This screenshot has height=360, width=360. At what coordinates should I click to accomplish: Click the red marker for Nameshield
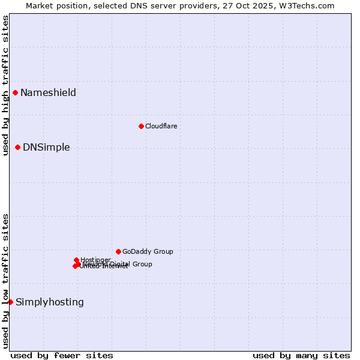pyautogui.click(x=15, y=92)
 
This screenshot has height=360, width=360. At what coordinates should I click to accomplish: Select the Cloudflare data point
pyautogui.click(x=141, y=126)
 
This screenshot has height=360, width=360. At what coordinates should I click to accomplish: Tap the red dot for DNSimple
pyautogui.click(x=17, y=147)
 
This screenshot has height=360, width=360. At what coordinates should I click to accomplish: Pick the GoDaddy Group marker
pyautogui.click(x=118, y=251)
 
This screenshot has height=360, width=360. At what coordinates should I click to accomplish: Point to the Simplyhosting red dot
pyautogui.click(x=10, y=302)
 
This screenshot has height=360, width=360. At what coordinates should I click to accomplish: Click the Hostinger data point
pyautogui.click(x=76, y=260)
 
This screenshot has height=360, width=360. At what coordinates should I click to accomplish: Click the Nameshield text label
pyautogui.click(x=48, y=92)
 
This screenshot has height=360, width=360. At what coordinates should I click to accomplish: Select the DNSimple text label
pyautogui.click(x=46, y=147)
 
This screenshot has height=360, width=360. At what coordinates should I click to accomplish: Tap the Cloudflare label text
pyautogui.click(x=161, y=126)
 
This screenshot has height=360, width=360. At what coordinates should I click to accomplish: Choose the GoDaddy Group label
pyautogui.click(x=148, y=251)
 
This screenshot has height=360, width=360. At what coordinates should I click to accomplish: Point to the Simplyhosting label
pyautogui.click(x=50, y=302)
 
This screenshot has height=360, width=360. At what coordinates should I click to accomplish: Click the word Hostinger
pyautogui.click(x=96, y=259)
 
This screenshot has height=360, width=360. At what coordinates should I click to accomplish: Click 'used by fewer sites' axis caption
pyautogui.click(x=62, y=355)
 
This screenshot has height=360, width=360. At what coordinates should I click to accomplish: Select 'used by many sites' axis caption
pyautogui.click(x=301, y=355)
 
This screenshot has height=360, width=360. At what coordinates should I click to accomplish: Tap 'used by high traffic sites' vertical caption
pyautogui.click(x=6, y=85)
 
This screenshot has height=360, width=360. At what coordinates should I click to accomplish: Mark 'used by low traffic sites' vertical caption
pyautogui.click(x=6, y=281)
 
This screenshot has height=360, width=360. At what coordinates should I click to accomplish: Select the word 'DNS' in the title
pyautogui.click(x=149, y=5)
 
